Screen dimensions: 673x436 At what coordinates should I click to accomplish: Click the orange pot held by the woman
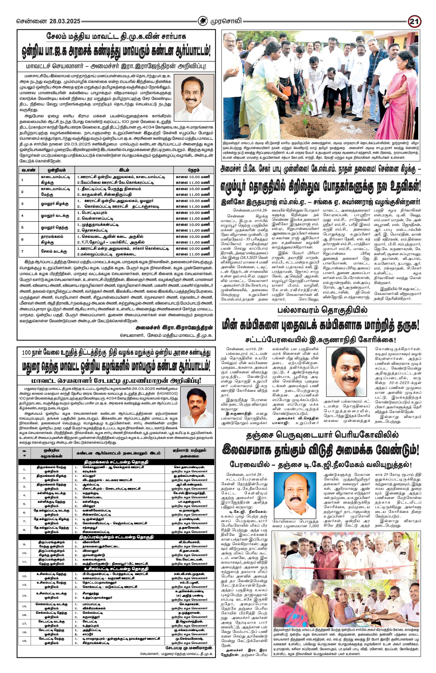287,91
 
